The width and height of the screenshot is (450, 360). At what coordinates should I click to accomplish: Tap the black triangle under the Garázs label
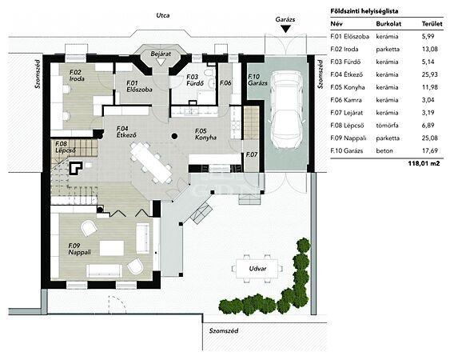[285, 29]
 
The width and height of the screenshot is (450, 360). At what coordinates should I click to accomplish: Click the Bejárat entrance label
[161, 54]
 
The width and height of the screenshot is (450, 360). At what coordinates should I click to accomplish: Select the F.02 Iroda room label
[77, 75]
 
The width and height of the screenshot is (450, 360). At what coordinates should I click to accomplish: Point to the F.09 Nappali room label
[79, 249]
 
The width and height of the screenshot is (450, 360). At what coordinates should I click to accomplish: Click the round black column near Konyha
[174, 136]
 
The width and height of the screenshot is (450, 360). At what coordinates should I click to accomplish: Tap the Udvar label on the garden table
[257, 269]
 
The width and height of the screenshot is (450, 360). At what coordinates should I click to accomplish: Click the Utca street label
[163, 15]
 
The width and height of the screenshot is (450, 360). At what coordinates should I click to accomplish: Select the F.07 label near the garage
[252, 154]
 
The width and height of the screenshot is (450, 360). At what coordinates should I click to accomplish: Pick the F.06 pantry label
[225, 83]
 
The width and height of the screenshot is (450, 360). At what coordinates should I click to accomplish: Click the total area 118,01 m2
[424, 163]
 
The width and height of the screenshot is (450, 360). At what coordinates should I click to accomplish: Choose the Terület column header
[432, 24]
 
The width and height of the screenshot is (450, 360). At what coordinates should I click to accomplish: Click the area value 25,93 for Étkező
[430, 74]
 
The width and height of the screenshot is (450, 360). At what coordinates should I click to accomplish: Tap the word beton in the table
[384, 151]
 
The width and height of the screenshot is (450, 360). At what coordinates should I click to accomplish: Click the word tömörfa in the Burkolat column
[387, 126]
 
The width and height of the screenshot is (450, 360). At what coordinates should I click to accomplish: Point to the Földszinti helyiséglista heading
[364, 11]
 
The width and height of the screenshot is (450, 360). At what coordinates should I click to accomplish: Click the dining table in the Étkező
[151, 162]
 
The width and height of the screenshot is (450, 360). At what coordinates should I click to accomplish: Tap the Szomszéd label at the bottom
[224, 330]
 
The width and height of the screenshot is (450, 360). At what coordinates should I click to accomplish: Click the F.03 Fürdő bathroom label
[195, 80]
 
